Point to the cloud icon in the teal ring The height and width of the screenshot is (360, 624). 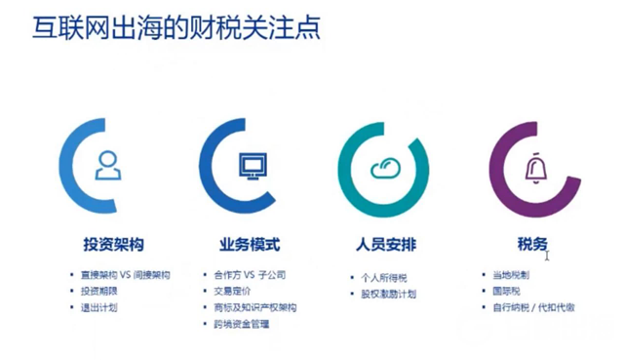point(385,168)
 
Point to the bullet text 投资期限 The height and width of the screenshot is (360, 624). point(97,292)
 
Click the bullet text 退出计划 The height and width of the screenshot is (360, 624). point(97,307)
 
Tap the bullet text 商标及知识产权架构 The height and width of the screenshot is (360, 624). point(255,307)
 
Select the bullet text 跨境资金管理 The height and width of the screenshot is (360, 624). point(242,324)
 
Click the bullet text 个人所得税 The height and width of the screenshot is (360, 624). point(383,277)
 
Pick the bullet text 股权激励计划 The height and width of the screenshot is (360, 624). point(389,294)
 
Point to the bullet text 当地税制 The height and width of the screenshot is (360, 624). point(511,275)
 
